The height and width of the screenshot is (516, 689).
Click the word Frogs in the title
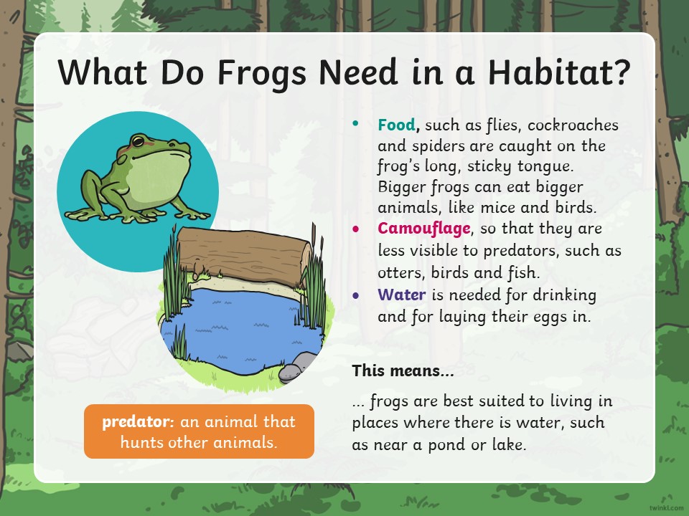click(262, 73)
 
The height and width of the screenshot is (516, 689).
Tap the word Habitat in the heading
click(551, 72)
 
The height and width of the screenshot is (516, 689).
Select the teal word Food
click(396, 125)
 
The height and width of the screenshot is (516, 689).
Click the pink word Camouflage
click(424, 229)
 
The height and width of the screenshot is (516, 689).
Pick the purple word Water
click(402, 294)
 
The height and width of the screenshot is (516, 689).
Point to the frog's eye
click(138, 141)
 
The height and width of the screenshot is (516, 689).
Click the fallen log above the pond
click(244, 254)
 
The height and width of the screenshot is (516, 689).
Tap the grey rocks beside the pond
click(296, 367)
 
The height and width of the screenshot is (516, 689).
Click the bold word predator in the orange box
click(136, 421)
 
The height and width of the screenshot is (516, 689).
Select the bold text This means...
click(403, 371)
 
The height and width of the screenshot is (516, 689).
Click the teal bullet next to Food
click(355, 123)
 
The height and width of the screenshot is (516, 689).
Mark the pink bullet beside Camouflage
click(355, 229)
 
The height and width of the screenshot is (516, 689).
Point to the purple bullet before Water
click(355, 295)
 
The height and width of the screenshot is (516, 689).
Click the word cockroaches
click(573, 125)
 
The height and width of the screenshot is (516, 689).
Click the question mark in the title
click(623, 72)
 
